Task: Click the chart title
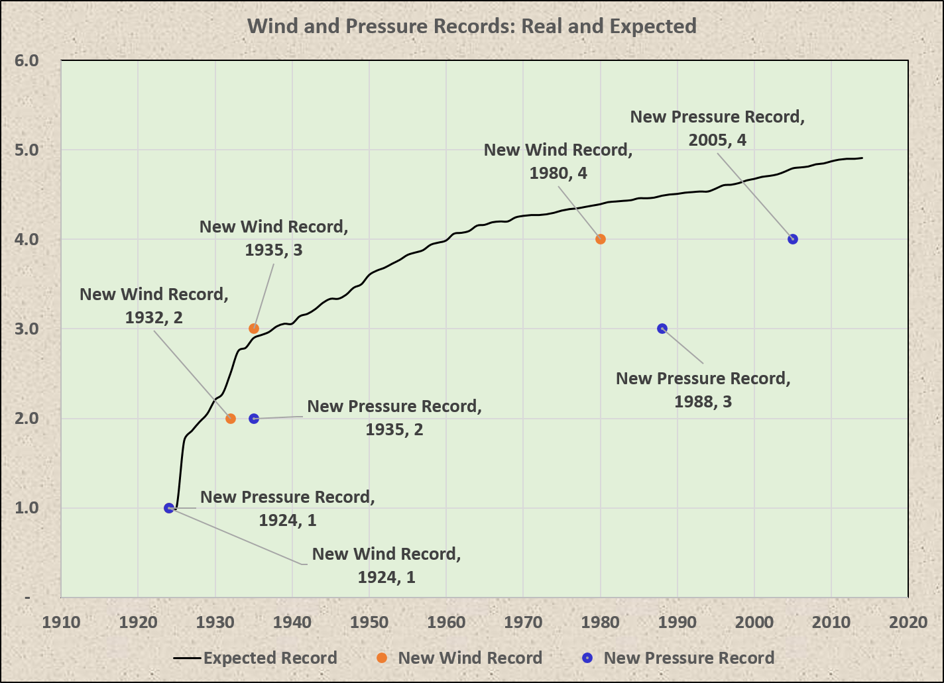(x=471, y=26)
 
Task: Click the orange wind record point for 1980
(x=601, y=239)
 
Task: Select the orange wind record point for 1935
(x=254, y=329)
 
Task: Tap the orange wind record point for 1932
(x=231, y=419)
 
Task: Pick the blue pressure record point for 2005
(x=793, y=239)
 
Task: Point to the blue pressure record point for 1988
(x=662, y=329)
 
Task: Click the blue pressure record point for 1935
(x=254, y=419)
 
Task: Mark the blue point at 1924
(x=169, y=508)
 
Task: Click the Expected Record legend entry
(x=256, y=658)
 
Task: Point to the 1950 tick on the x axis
(x=369, y=623)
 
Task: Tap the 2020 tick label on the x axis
(x=908, y=623)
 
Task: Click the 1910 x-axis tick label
(x=61, y=623)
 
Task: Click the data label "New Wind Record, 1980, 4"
(x=558, y=161)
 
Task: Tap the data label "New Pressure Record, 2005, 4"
(x=717, y=128)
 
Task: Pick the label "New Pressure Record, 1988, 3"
(x=703, y=390)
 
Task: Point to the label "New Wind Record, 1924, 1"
(x=386, y=565)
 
